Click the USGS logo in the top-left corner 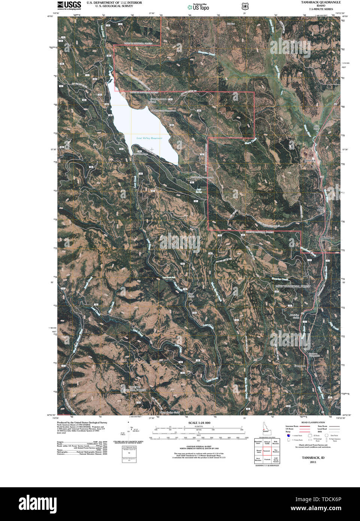[x=69, y=5]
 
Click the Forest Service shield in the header [x=245, y=6]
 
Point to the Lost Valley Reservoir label [x=149, y=138]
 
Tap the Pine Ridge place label [x=321, y=208]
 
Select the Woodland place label [x=327, y=238]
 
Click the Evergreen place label [x=300, y=366]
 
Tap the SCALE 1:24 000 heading [x=199, y=423]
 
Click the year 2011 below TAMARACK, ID [x=313, y=462]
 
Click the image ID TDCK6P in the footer [x=330, y=499]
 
